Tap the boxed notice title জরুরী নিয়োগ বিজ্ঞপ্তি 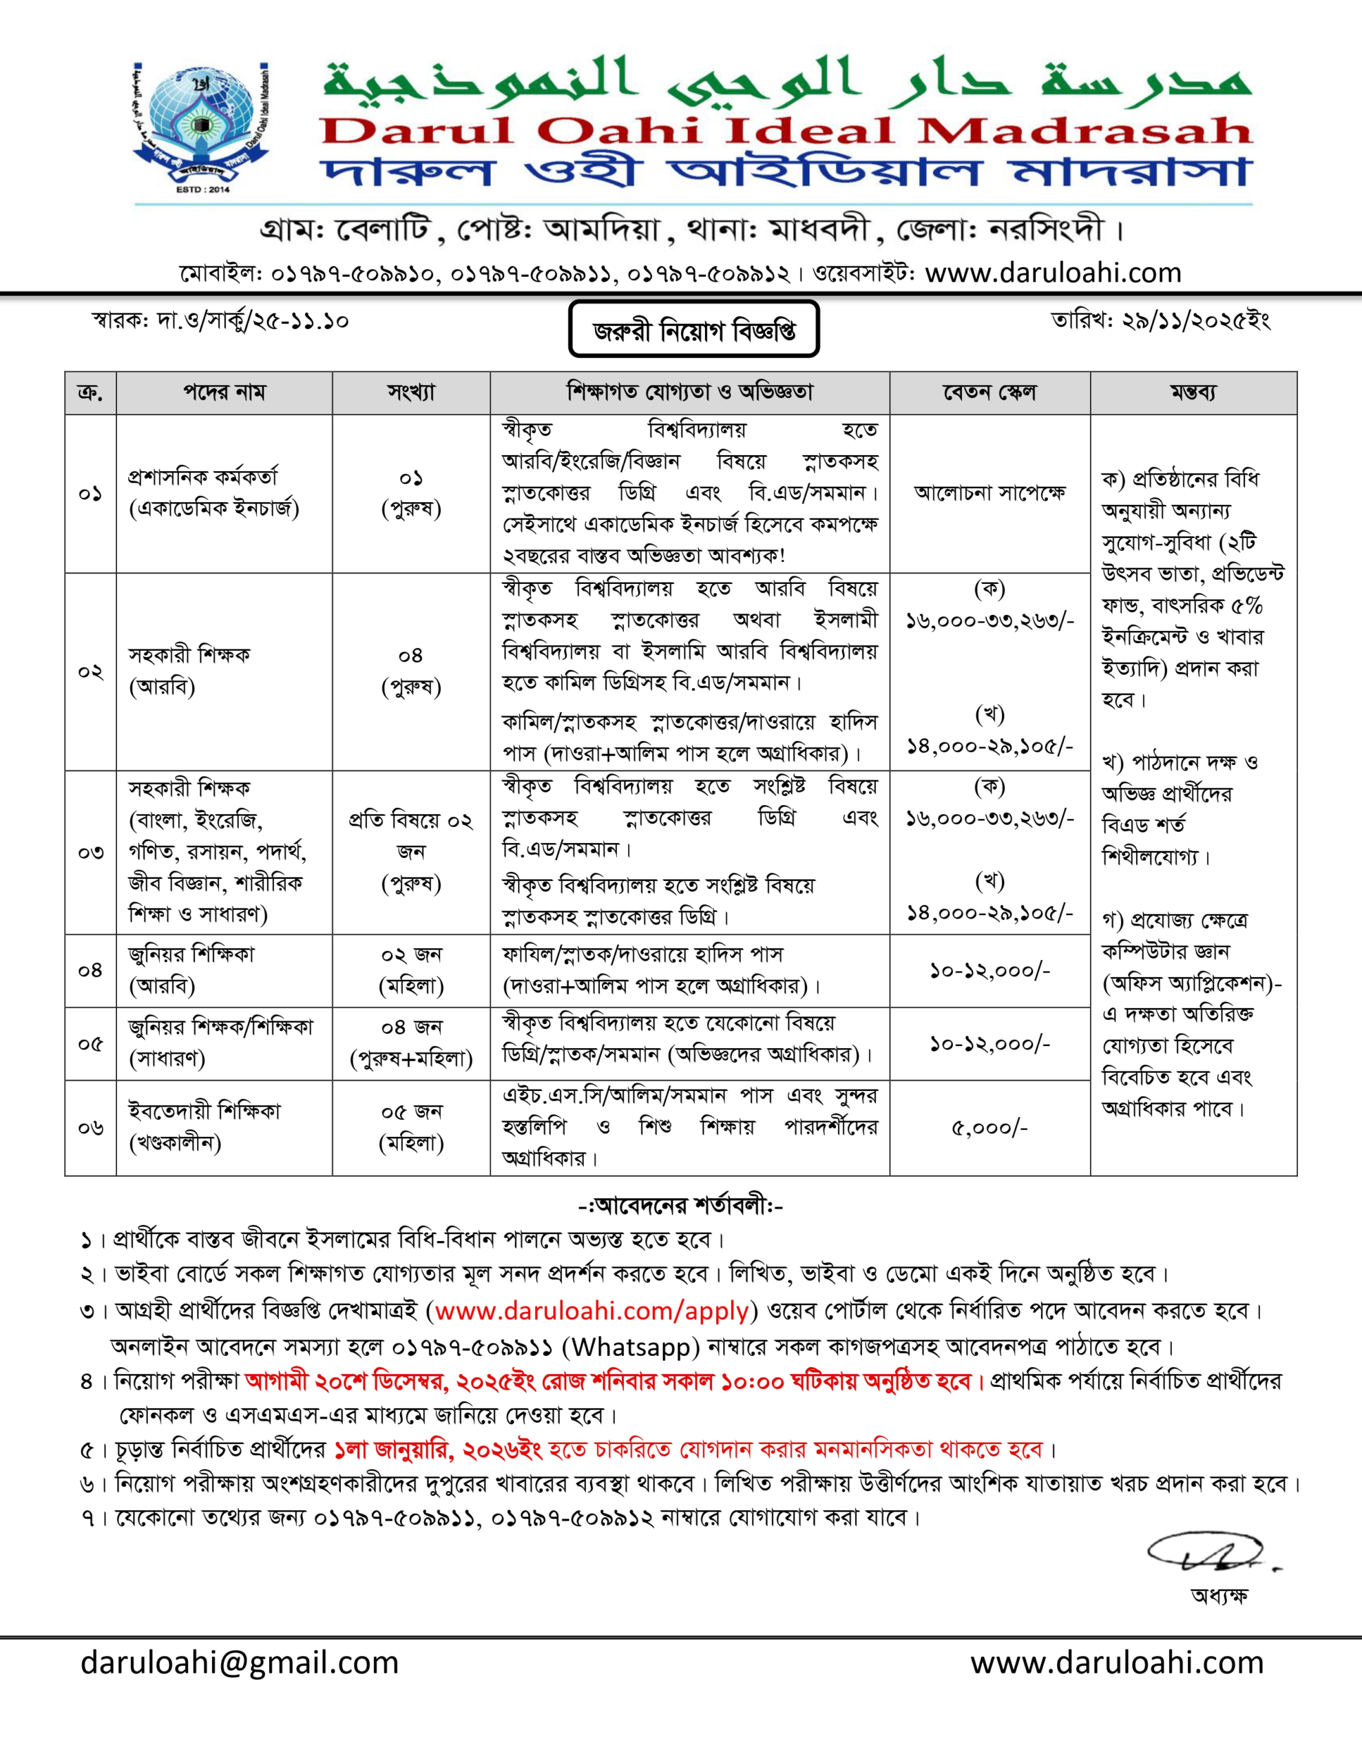pyautogui.click(x=693, y=329)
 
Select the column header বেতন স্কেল pyautogui.click(x=989, y=393)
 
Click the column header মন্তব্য pyautogui.click(x=1193, y=393)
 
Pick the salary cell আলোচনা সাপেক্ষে pyautogui.click(x=989, y=492)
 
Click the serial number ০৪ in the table pyautogui.click(x=90, y=970)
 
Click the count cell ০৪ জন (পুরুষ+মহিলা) pyautogui.click(x=411, y=1043)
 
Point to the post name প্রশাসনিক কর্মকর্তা pyautogui.click(x=202, y=477)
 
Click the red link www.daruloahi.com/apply pyautogui.click(x=591, y=1311)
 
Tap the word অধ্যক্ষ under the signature pyautogui.click(x=1219, y=1596)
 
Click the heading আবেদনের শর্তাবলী pyautogui.click(x=680, y=1206)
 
